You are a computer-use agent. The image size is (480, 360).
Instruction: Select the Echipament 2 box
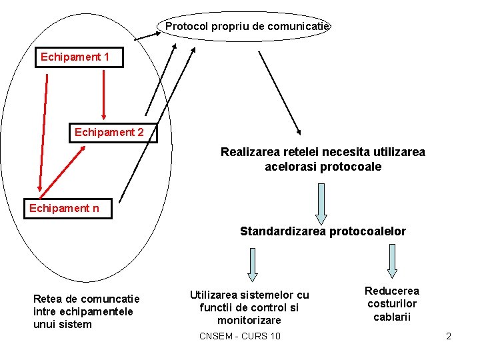click(x=109, y=132)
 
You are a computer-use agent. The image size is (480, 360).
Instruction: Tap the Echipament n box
click(x=65, y=209)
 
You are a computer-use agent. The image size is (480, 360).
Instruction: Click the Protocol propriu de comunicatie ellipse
click(x=247, y=27)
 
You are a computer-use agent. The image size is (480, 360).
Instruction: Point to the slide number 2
click(x=449, y=336)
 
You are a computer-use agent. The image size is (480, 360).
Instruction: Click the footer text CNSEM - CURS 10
click(x=240, y=335)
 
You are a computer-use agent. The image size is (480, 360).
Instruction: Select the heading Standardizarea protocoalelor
click(x=323, y=231)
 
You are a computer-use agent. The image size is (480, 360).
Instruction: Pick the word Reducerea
click(x=392, y=291)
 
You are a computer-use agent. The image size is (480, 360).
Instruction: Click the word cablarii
click(x=392, y=317)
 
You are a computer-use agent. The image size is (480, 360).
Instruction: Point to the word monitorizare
click(x=249, y=320)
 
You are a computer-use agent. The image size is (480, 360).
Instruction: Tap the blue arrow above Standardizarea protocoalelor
click(x=321, y=203)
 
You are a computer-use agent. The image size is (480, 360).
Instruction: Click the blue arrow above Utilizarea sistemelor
click(x=253, y=263)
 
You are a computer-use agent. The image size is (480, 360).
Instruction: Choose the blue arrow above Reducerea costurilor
click(x=392, y=261)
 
